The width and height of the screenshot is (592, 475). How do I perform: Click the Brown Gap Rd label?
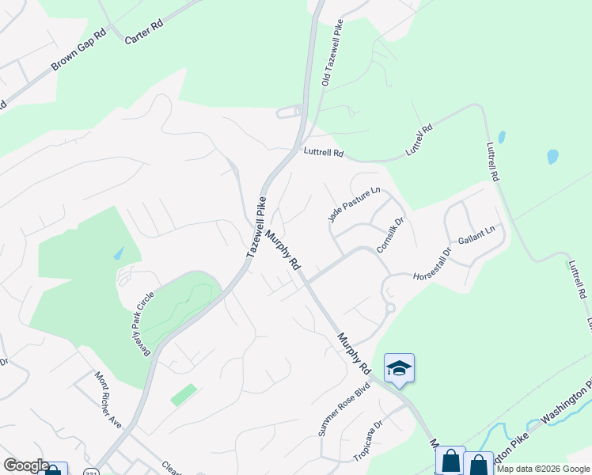click(x=78, y=51)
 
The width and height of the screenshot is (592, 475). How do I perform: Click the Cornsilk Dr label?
click(x=391, y=235)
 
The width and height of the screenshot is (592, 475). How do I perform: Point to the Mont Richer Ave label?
click(x=108, y=399)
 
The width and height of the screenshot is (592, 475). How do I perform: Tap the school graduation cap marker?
click(x=399, y=368)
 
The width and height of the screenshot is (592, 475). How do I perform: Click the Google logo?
click(x=26, y=466)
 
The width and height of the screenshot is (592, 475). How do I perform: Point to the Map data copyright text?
click(x=544, y=469)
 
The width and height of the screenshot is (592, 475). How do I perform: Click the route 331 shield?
click(x=93, y=471)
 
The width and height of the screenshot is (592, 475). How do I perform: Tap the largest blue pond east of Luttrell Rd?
click(x=552, y=156)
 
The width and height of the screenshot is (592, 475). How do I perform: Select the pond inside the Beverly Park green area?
click(x=118, y=253)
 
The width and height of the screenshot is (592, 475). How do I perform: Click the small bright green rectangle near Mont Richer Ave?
click(x=184, y=394)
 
